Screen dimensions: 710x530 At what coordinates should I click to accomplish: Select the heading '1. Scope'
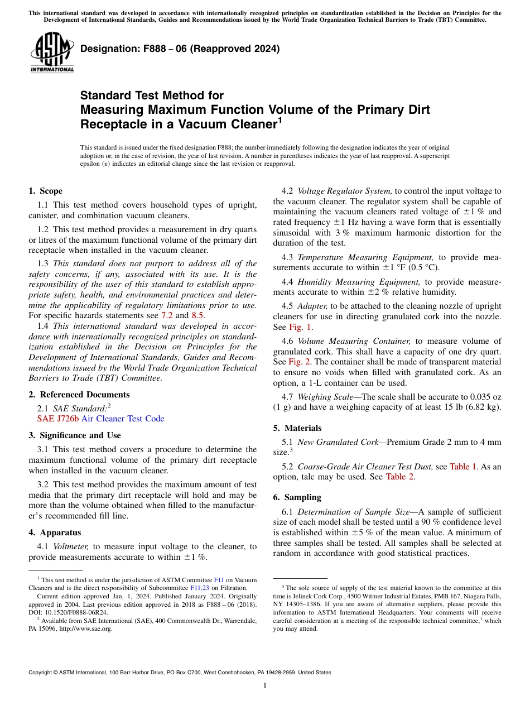pyautogui.click(x=45, y=191)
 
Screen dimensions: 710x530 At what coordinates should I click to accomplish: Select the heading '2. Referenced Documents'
pyautogui.click(x=79, y=395)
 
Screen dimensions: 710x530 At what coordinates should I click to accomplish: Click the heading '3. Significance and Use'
pyautogui.click(x=74, y=435)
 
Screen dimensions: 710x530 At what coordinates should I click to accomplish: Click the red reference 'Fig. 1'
pyautogui.click(x=300, y=327)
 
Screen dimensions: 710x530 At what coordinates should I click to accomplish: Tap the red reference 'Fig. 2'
pyautogui.click(x=300, y=362)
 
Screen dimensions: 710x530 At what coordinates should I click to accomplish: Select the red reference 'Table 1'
pyautogui.click(x=463, y=467)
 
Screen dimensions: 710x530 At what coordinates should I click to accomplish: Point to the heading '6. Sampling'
pyautogui.click(x=297, y=497)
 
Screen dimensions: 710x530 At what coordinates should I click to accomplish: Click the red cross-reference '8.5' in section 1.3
pyautogui.click(x=197, y=315)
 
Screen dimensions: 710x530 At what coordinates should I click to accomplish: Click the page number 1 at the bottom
pyautogui.click(x=265, y=686)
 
